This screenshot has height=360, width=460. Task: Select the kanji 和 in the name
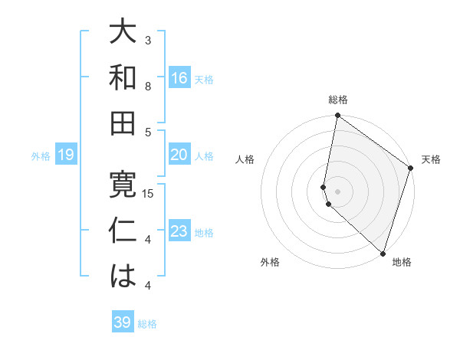point(122,77)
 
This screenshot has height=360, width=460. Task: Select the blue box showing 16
point(179,78)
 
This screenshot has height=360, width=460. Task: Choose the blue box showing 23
point(179,232)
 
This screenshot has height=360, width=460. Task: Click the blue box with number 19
point(66,155)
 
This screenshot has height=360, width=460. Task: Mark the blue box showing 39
point(123,322)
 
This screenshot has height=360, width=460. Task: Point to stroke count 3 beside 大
point(148,40)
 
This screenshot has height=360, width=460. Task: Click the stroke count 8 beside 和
point(148,86)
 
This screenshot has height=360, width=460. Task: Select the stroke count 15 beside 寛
point(149,193)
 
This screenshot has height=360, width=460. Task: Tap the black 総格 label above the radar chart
point(338,100)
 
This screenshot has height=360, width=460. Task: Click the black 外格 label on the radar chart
point(270,262)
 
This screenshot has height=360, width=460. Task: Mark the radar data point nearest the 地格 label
point(383,253)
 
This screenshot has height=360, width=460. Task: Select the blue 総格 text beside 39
point(147,324)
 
